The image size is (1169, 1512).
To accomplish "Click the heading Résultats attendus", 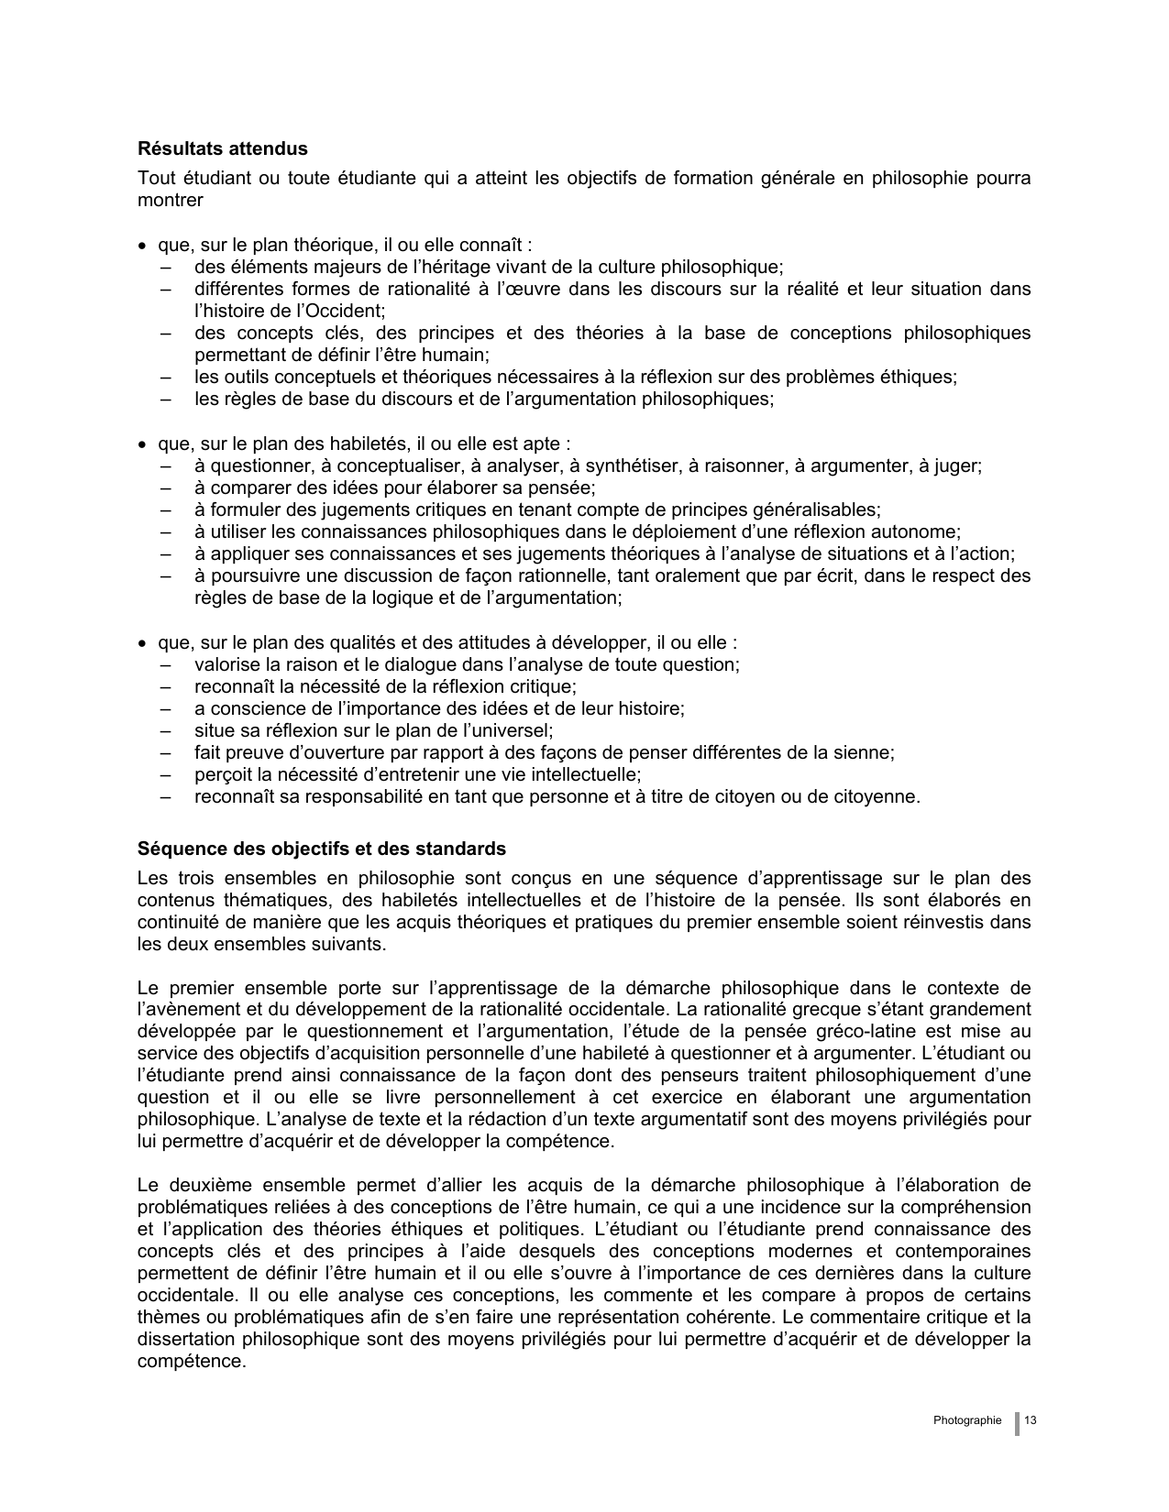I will tap(223, 148).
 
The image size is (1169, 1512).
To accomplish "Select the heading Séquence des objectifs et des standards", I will tap(321, 848).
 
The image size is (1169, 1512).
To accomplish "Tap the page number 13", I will tap(1030, 1420).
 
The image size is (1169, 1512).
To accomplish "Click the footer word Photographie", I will tap(967, 1420).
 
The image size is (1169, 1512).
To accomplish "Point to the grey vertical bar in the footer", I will tap(1017, 1422).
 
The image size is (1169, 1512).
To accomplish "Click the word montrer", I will tap(170, 200).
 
